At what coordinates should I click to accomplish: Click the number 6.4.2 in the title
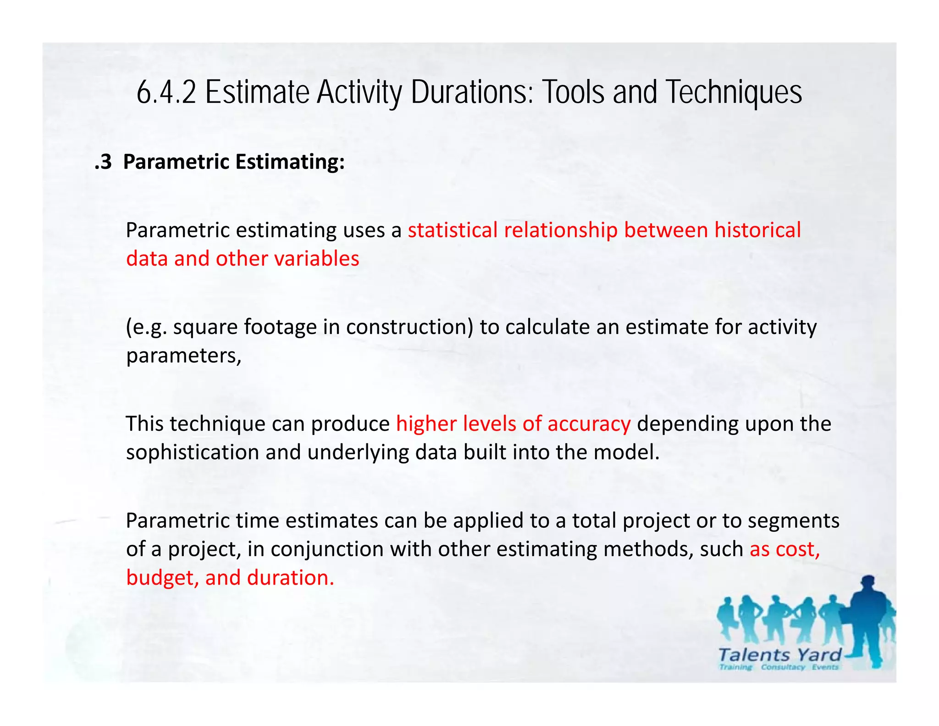[x=166, y=93]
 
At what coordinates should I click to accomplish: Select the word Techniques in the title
[x=733, y=93]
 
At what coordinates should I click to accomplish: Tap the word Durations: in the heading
[x=472, y=93]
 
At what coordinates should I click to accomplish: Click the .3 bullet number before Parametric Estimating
[x=103, y=162]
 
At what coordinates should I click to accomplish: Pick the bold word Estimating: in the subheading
[x=290, y=162]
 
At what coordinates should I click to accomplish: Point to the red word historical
[x=757, y=230]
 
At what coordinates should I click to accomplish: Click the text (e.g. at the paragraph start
[x=147, y=327]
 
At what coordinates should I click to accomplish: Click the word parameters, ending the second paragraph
[x=183, y=356]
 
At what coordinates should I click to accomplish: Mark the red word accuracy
[x=589, y=424]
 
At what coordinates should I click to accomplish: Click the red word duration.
[x=291, y=578]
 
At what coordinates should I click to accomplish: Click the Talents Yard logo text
[x=779, y=655]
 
